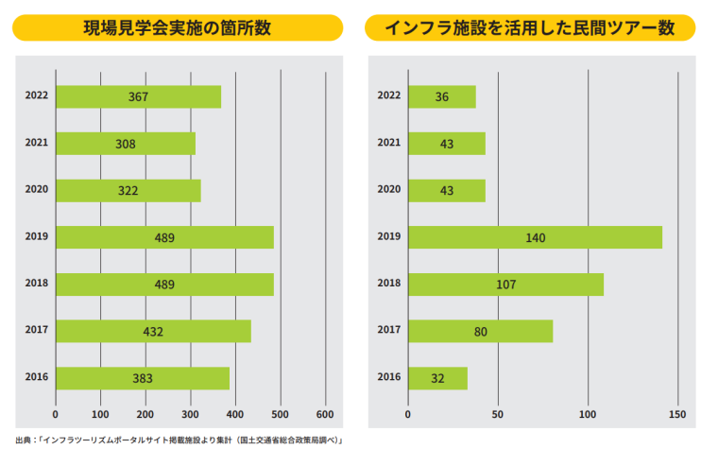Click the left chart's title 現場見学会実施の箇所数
tap(178, 27)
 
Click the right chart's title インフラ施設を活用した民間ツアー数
tap(530, 27)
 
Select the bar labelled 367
tap(139, 96)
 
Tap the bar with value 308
tap(126, 144)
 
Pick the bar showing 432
tap(153, 331)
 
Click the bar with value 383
tap(143, 378)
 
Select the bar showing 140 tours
tap(535, 237)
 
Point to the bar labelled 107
tap(505, 284)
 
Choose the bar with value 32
tap(437, 378)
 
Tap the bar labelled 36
tap(441, 96)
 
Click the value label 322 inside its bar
tap(128, 191)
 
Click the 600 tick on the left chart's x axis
tap(325, 414)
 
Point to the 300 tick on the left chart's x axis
tap(191, 414)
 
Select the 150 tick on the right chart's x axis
tap(677, 414)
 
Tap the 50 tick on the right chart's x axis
tap(498, 414)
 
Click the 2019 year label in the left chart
tap(37, 236)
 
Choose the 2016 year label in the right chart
tap(388, 377)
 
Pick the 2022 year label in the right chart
tap(388, 95)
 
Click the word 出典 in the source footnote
tap(24, 440)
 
